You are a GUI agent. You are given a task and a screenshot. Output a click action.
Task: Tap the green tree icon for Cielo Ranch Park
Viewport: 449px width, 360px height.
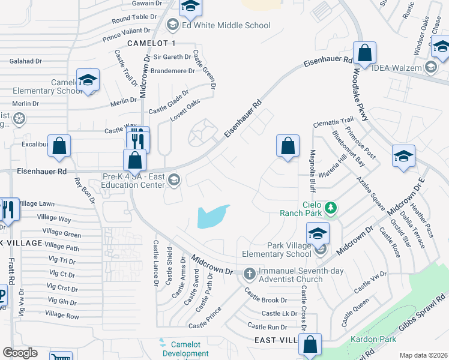pos(330,208)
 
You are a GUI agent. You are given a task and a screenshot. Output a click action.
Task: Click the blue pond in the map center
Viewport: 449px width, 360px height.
pos(212,217)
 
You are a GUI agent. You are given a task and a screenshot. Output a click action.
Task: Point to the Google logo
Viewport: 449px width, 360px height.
pos(20,353)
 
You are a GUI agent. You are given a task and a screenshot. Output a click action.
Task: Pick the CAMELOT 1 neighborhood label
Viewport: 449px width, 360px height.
pos(151,43)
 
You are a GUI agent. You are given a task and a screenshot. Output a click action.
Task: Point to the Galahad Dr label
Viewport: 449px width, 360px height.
pos(26,61)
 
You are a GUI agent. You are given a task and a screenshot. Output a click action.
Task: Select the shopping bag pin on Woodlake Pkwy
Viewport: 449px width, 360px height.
pos(364,53)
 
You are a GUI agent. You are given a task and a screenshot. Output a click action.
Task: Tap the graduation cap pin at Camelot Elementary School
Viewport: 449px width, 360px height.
pos(88,80)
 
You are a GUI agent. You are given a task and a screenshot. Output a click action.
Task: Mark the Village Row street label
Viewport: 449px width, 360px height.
pos(62,315)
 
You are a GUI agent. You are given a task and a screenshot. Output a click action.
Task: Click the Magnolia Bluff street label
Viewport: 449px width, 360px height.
pos(312,170)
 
